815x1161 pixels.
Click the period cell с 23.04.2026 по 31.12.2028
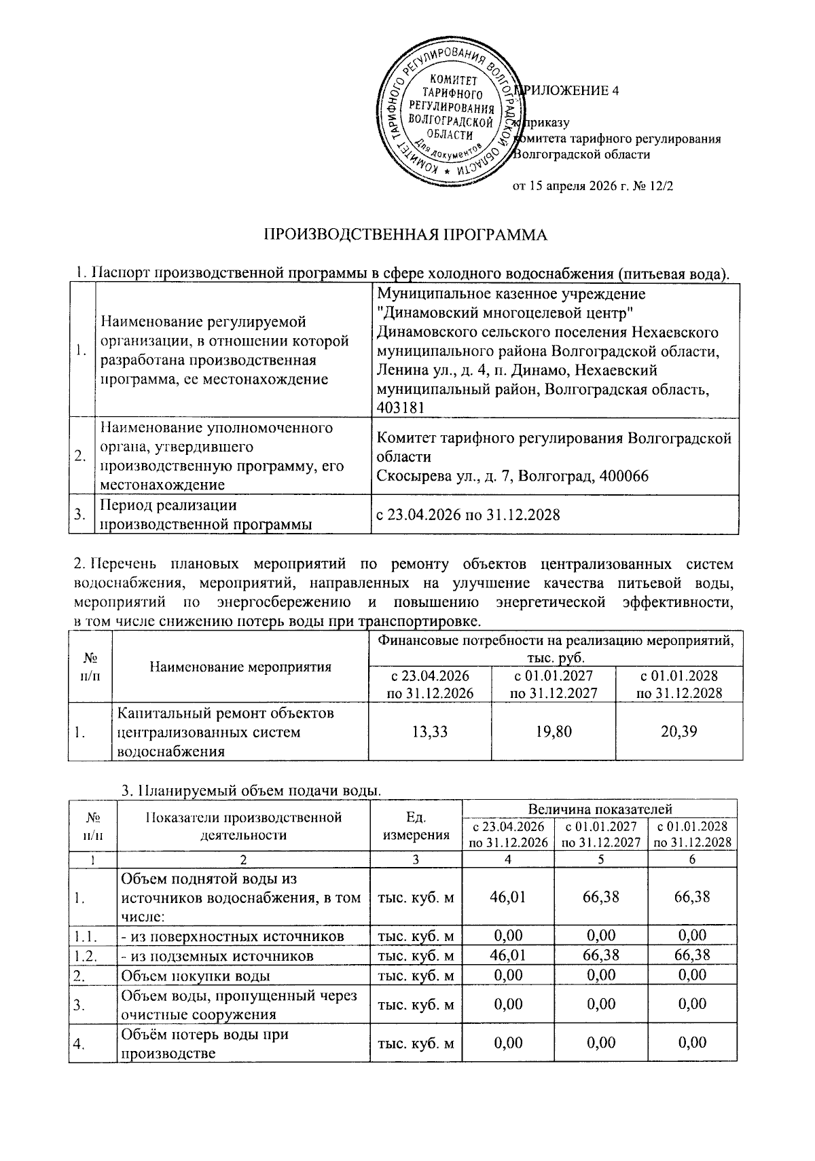pos(468,515)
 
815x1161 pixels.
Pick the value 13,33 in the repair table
pos(431,731)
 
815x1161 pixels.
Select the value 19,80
pos(554,731)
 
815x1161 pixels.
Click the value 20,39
pos(678,731)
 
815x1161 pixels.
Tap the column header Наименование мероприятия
pos(240,666)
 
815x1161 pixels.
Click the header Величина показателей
pos(600,809)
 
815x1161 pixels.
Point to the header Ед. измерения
pos(416,826)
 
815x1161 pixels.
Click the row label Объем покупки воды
pos(196,976)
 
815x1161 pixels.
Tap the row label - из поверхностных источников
pos(232,936)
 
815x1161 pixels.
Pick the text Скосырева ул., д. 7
pos(442,476)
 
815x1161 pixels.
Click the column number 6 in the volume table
pos(693,859)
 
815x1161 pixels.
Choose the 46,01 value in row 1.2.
pos(507,956)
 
